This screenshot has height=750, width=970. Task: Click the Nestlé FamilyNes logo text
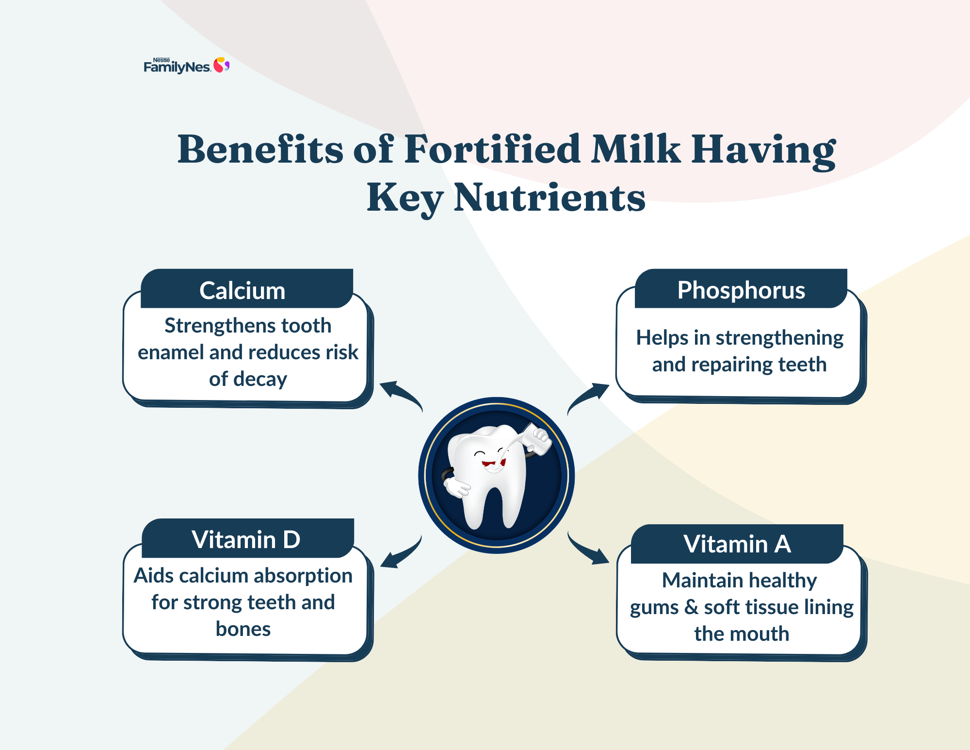pyautogui.click(x=177, y=66)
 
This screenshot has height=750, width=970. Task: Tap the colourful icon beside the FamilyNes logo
pyautogui.click(x=222, y=65)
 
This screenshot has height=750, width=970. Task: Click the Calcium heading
pyautogui.click(x=242, y=291)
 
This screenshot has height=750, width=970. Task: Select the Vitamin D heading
pyautogui.click(x=246, y=539)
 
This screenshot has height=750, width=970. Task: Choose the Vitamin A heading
pyautogui.click(x=737, y=544)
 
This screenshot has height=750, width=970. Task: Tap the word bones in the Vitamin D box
pyautogui.click(x=243, y=629)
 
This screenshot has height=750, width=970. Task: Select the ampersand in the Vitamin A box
pyautogui.click(x=691, y=607)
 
